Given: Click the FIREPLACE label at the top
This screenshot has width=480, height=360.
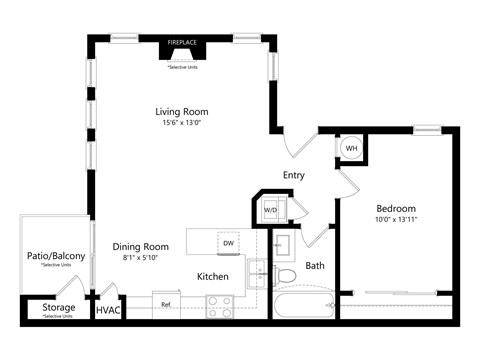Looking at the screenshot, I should click(182, 43).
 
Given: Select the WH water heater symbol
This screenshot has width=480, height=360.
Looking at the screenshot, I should click(351, 148).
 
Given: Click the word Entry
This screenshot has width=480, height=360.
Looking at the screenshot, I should click(293, 175).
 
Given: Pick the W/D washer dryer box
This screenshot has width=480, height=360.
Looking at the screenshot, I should click(271, 210).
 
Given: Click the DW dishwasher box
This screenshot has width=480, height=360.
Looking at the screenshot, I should click(228, 243).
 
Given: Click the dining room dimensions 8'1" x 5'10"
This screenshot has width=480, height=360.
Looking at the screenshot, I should click(141, 257).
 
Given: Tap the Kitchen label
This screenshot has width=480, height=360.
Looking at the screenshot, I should click(213, 276).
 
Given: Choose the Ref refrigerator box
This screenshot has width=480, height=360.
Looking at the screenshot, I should click(166, 303).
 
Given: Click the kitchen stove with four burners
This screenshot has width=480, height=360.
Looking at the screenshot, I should click(220, 306).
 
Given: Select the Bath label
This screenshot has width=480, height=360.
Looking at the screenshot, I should click(315, 266).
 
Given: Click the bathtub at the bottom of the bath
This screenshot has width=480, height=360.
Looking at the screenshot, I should click(304, 305).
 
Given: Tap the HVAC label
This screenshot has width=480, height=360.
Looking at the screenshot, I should click(107, 311).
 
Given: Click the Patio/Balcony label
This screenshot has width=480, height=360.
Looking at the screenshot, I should click(55, 256).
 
